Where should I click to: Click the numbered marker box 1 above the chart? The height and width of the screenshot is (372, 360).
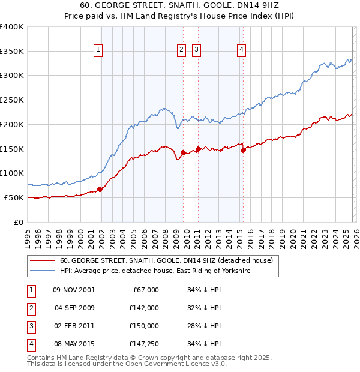click(98, 50)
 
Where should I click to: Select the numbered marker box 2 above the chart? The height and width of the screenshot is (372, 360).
click(181, 50)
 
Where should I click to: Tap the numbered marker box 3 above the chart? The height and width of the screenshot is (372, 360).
click(197, 50)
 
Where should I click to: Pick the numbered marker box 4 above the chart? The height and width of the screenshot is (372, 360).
click(241, 50)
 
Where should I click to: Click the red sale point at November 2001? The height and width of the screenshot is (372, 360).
click(100, 189)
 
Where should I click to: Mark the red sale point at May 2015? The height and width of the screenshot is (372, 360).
click(243, 151)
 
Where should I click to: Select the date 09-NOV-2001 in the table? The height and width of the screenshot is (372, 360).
click(74, 290)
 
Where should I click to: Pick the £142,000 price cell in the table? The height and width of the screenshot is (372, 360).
click(143, 308)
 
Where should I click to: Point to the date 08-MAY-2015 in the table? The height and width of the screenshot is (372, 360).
click(74, 344)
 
